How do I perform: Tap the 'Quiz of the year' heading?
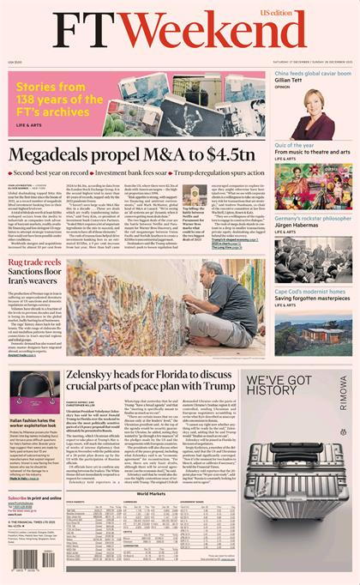coord(300,145)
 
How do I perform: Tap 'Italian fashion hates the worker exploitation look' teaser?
coord(35,425)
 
